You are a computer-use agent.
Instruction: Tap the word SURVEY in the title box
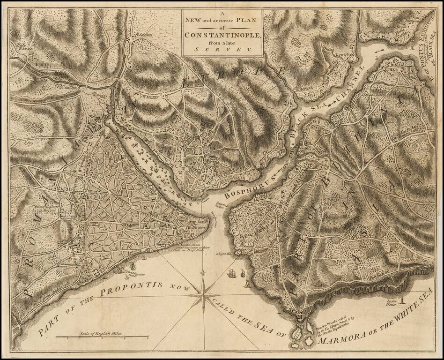point(223,49)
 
